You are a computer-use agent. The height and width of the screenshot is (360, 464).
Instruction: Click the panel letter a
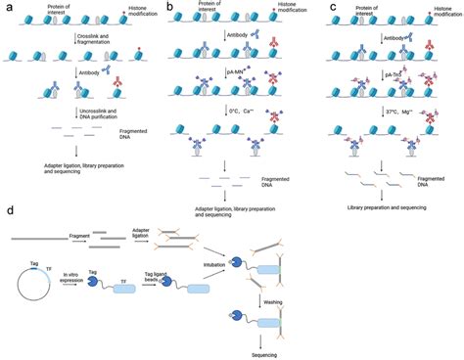click(x=7, y=7)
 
